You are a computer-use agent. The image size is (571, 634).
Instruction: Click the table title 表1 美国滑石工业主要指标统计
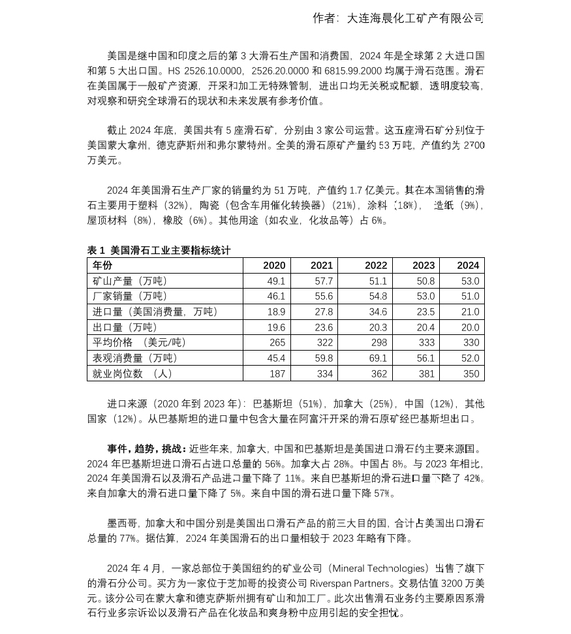[159, 250]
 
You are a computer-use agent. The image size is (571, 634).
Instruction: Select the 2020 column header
[274, 265]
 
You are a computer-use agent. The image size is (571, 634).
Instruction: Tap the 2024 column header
[468, 265]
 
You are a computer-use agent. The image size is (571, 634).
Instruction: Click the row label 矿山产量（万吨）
[131, 281]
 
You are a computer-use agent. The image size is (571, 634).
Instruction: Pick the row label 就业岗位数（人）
[133, 373]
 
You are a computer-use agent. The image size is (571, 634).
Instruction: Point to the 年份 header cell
[102, 265]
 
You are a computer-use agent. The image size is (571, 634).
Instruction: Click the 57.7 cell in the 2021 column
[324, 281]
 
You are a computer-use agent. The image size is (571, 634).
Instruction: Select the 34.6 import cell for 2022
[378, 312]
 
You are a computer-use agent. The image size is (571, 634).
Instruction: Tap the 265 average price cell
[277, 343]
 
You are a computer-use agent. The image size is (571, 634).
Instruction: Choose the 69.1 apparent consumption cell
[378, 358]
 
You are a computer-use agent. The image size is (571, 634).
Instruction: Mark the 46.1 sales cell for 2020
[276, 296]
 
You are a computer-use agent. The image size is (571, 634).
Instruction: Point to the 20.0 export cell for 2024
[470, 328]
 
